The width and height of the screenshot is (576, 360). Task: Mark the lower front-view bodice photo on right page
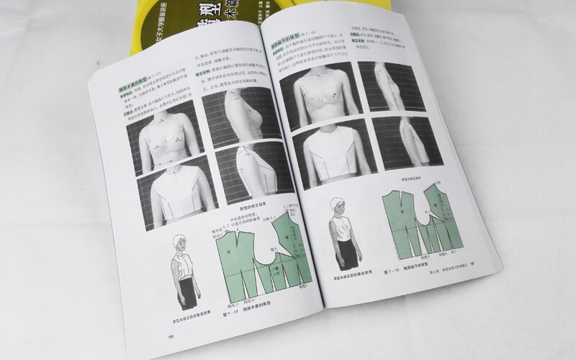coord(328,152)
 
